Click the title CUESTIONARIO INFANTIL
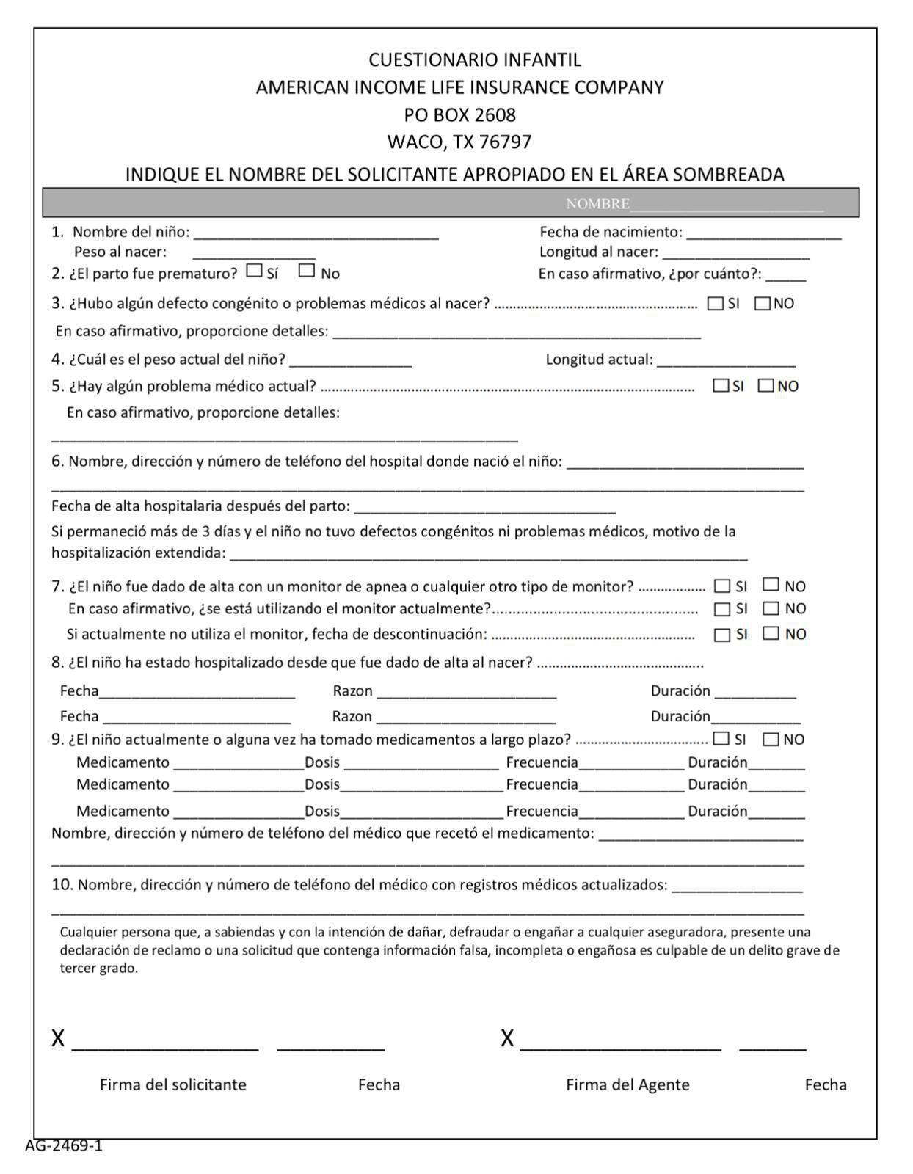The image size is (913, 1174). (474, 59)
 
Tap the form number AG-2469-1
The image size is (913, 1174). (64, 1145)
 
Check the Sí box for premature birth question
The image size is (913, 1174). (255, 271)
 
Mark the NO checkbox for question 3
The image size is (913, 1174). (763, 304)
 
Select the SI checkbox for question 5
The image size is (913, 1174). (721, 385)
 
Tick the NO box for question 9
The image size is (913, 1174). (771, 740)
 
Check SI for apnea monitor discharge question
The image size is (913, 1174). (722, 586)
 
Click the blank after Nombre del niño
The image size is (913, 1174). (316, 236)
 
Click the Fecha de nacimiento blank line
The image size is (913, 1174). (763, 236)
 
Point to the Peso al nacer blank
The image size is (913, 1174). (254, 257)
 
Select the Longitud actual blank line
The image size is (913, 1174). (726, 364)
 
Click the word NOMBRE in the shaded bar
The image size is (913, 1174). (597, 204)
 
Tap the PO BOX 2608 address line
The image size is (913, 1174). (459, 114)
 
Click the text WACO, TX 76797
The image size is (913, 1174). (459, 142)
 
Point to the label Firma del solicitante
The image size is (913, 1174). (173, 1084)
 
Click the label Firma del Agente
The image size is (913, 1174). (628, 1084)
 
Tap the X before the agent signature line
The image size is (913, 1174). (507, 1039)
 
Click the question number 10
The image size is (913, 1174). (62, 885)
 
